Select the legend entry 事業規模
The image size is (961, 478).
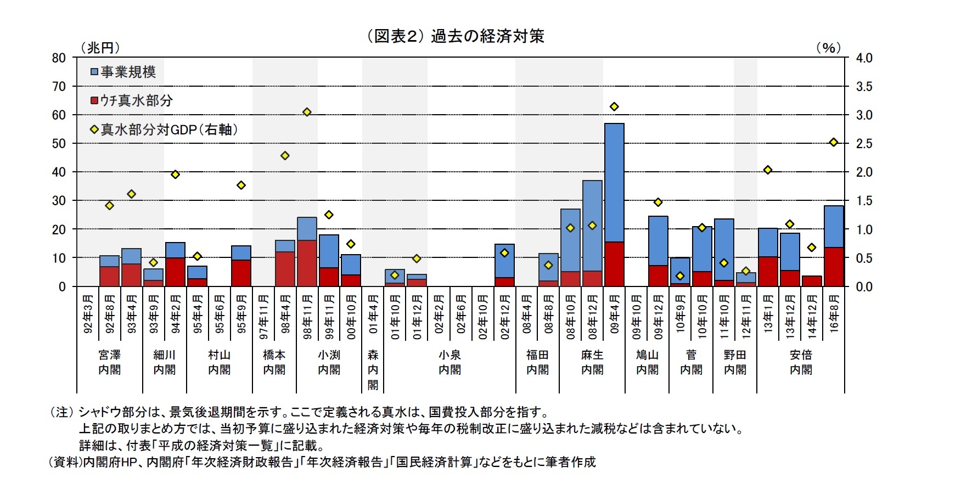[127, 72]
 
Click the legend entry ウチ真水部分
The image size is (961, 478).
[136, 100]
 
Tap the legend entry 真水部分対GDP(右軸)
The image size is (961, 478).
[168, 130]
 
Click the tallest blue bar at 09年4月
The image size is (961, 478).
[614, 181]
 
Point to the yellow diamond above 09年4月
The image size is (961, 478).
[614, 106]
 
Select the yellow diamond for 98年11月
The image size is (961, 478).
[307, 112]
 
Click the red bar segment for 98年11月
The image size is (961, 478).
[307, 263]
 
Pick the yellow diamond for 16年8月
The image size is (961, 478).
[834, 142]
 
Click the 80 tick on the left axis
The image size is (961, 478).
[59, 58]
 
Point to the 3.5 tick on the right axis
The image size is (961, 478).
[864, 87]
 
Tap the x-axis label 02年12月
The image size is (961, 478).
[505, 317]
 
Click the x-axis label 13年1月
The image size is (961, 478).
[768, 314]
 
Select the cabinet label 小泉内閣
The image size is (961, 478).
[449, 362]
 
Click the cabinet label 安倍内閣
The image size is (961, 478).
[801, 362]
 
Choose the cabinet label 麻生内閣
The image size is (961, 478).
[592, 362]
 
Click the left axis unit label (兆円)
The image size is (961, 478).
[100, 48]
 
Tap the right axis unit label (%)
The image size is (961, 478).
[828, 48]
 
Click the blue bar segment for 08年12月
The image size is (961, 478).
[592, 225]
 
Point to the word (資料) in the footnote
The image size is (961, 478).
[65, 462]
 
